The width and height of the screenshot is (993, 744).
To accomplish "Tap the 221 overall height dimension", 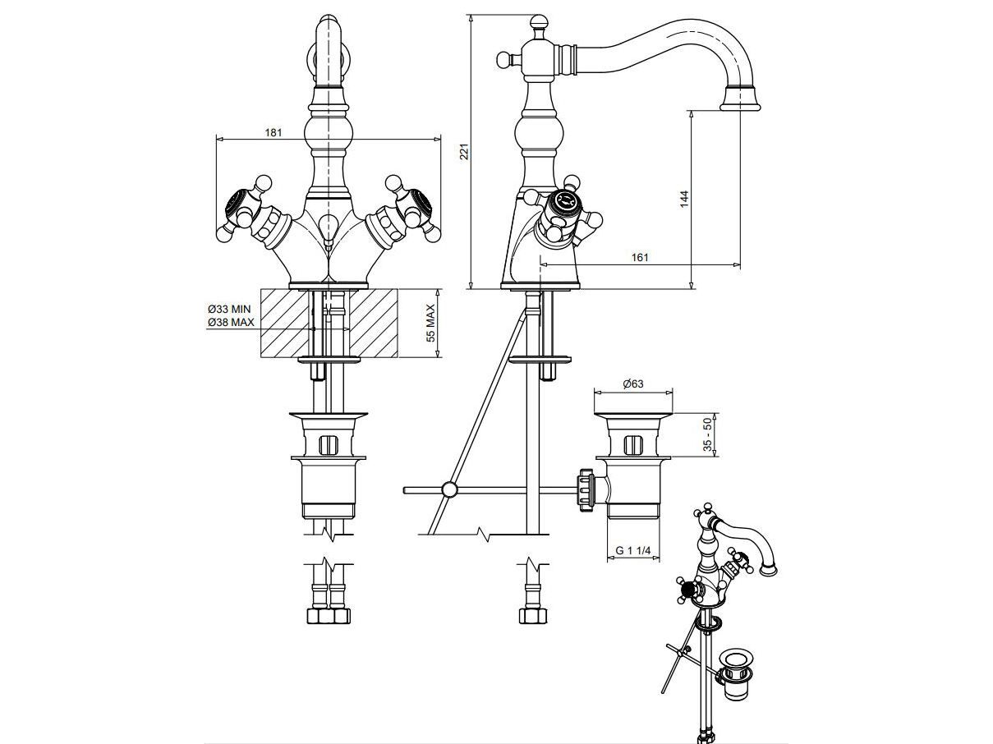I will [463, 152].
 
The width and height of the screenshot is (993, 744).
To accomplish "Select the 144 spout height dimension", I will [684, 198].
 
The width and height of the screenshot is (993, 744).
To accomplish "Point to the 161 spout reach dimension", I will [640, 258].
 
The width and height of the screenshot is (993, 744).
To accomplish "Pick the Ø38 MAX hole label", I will [230, 323].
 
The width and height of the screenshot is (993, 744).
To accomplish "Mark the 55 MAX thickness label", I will [430, 324].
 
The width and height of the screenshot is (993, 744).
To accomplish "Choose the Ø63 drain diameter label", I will [632, 383].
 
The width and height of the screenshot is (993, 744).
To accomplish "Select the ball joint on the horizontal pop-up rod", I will [448, 490].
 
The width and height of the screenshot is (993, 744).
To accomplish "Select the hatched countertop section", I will [329, 323].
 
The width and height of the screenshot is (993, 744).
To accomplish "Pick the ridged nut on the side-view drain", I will [586, 490].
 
